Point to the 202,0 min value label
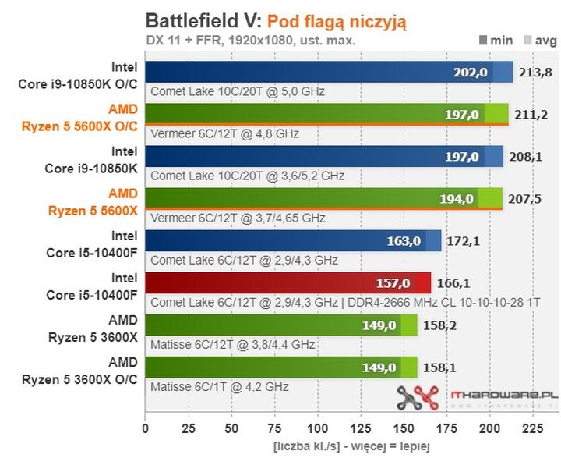pyautogui.click(x=470, y=73)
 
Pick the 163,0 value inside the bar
pyautogui.click(x=404, y=241)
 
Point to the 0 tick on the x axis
pyautogui.click(x=145, y=428)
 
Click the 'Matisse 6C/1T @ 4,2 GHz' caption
pyautogui.click(x=220, y=386)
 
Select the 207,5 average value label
pyautogui.click(x=524, y=199)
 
